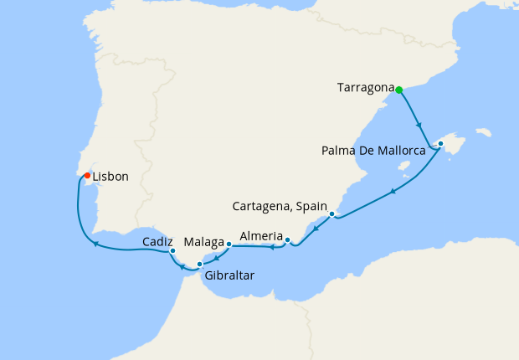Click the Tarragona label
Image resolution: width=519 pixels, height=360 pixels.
pos(365,87)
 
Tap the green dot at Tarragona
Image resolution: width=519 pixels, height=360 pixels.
pos(399,90)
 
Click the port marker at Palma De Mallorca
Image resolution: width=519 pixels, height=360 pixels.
pos(440,144)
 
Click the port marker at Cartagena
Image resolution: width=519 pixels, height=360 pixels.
pos(332,214)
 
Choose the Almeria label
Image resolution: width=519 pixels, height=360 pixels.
pos(260,237)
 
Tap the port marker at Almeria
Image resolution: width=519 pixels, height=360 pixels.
pos(287,241)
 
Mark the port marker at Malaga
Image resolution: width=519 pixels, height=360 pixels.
pos(229,244)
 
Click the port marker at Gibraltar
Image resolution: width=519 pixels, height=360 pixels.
pos(199,265)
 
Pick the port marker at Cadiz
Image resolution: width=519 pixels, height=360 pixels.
pos(172,250)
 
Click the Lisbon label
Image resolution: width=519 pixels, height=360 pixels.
pos(110,177)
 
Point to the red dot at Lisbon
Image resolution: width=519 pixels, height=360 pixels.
pos(87,175)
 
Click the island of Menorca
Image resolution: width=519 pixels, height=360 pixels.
pos(482,132)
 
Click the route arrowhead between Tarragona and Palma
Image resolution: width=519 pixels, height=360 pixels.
pos(419,126)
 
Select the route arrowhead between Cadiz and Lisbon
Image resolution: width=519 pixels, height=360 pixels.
pos(96,244)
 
